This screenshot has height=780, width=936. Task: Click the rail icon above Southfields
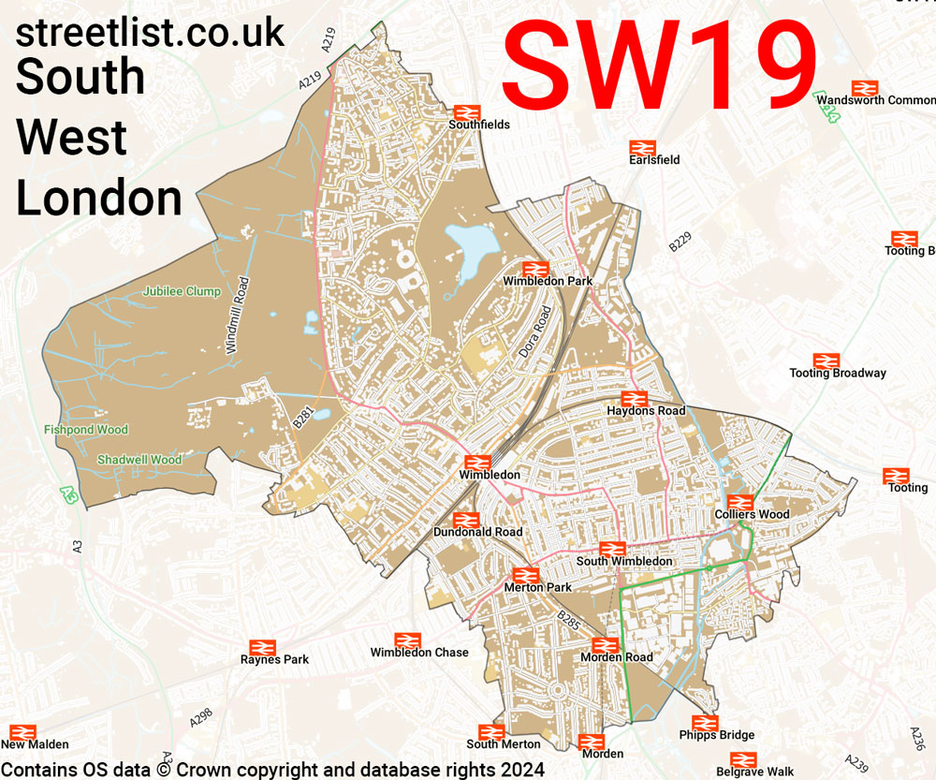pyautogui.click(x=466, y=110)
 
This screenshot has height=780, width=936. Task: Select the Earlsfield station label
pyautogui.click(x=654, y=160)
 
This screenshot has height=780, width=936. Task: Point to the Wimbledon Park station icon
pyautogui.click(x=534, y=269)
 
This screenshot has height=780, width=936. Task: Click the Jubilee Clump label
pyautogui.click(x=182, y=291)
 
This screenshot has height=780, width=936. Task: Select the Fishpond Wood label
pyautogui.click(x=85, y=430)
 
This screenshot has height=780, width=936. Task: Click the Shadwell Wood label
pyautogui.click(x=139, y=460)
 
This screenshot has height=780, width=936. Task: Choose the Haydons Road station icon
pyautogui.click(x=635, y=399)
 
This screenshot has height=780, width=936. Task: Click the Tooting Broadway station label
pyautogui.click(x=837, y=373)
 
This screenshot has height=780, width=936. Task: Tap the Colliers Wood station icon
pyautogui.click(x=740, y=502)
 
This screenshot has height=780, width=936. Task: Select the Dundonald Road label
pyautogui.click(x=477, y=532)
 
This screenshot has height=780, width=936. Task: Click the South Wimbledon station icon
pyautogui.click(x=612, y=549)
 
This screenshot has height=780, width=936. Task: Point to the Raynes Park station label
pyautogui.click(x=274, y=659)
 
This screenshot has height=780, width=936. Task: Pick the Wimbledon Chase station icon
pyautogui.click(x=407, y=640)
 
